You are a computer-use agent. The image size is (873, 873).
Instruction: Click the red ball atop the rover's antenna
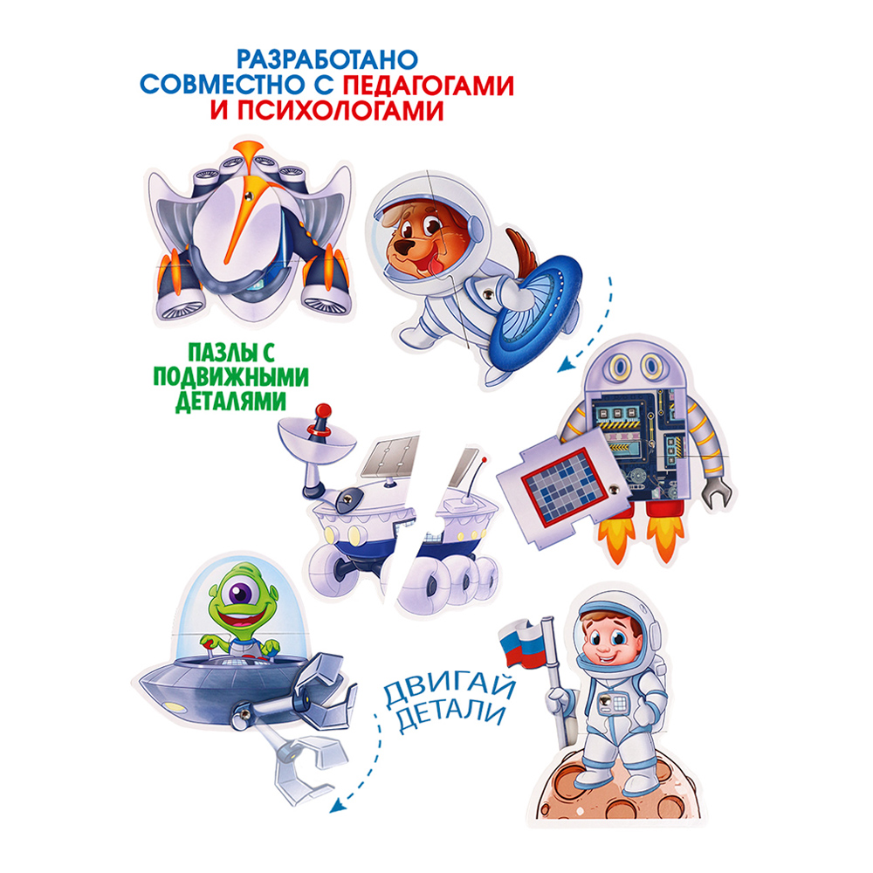(322, 409)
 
